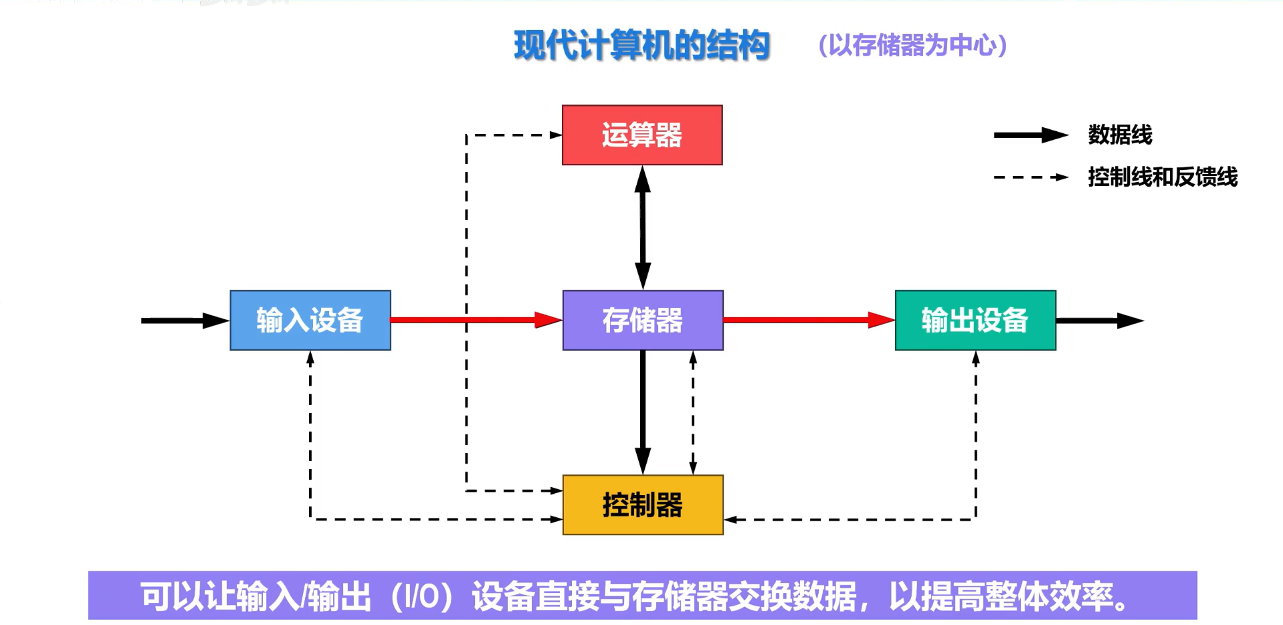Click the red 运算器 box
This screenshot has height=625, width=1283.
tap(642, 135)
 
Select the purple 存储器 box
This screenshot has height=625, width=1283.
tap(642, 320)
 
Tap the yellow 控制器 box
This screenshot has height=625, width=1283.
tap(642, 505)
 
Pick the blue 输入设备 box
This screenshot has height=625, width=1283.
tap(310, 320)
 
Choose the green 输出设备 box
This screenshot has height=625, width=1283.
tap(975, 320)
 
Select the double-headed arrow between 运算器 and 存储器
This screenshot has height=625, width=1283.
tap(643, 228)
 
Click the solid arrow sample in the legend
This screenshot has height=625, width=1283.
tap(1030, 135)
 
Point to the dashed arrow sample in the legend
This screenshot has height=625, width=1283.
tap(1030, 177)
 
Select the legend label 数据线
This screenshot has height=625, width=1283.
tap(1120, 135)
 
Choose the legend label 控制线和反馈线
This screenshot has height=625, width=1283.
tap(1163, 177)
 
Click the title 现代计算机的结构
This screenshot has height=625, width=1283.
tap(642, 46)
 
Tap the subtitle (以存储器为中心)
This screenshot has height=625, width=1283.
tap(912, 46)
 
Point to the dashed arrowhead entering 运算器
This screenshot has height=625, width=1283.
tap(556, 135)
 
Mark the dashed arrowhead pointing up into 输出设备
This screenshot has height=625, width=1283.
tap(975, 359)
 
